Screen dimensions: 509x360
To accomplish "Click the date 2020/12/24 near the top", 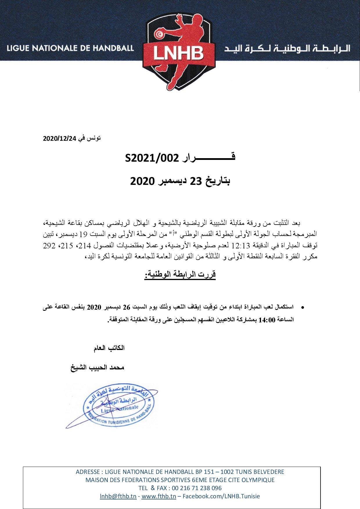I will tap(60, 139).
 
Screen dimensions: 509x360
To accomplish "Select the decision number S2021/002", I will tap(151, 158).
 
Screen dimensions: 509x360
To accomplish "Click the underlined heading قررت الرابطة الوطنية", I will tap(180, 274).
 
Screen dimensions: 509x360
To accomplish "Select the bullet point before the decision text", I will tap(303, 307).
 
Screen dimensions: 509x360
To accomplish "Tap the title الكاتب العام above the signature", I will tap(109, 348).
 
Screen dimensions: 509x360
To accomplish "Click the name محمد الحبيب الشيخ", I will tap(97, 367).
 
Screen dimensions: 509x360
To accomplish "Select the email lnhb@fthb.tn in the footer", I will tap(118, 496).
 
